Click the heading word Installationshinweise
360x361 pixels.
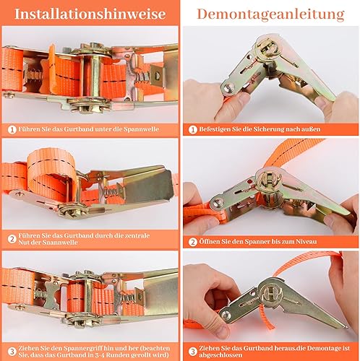88,14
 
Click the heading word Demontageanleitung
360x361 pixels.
270,14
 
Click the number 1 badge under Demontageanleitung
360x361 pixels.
193,129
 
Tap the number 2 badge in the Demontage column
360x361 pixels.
193,241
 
